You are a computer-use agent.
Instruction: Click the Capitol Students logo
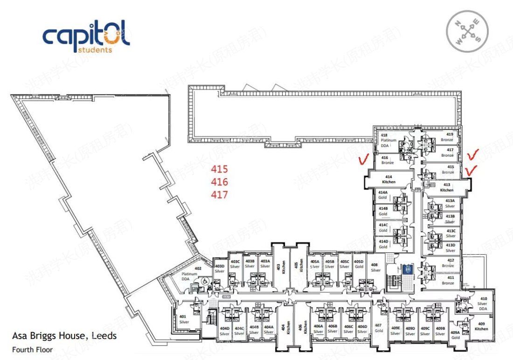(86, 36)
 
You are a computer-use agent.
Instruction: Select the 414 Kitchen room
(388, 180)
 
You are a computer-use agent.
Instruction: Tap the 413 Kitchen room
(447, 187)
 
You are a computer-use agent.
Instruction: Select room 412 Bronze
(448, 263)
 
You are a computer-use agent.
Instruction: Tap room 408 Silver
(375, 268)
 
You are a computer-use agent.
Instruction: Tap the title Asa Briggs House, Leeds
(64, 336)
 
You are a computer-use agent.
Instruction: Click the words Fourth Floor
(33, 349)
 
